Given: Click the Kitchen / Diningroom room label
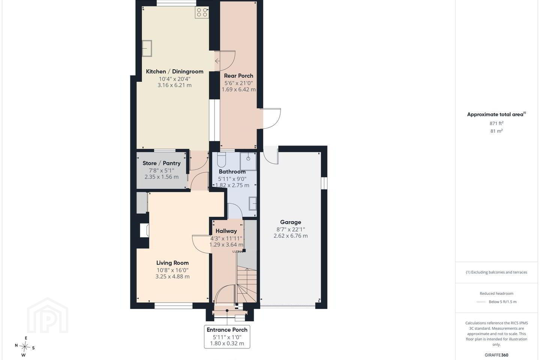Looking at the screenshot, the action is (x=174, y=72).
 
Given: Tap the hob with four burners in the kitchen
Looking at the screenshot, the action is (x=202, y=12).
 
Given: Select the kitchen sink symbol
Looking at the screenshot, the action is (x=147, y=48).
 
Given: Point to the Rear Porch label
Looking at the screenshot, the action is (x=238, y=76).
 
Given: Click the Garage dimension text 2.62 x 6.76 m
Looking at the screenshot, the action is (x=291, y=236).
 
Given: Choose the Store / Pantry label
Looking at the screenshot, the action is (x=162, y=163).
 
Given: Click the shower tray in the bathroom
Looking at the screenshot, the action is (x=248, y=161).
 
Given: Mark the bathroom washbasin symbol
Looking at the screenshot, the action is (x=253, y=204).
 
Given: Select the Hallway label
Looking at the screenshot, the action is (x=226, y=231).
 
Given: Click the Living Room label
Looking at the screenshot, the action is (x=172, y=263).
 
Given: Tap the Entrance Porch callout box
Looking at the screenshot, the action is (x=227, y=337).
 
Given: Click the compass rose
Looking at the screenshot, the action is (x=25, y=347).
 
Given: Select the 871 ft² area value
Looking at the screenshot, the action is (x=496, y=123).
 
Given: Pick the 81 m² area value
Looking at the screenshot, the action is (x=496, y=131).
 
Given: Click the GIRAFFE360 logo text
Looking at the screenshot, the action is (x=496, y=355).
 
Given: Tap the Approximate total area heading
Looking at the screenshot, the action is (x=496, y=114).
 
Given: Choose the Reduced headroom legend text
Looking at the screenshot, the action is (x=496, y=294).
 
